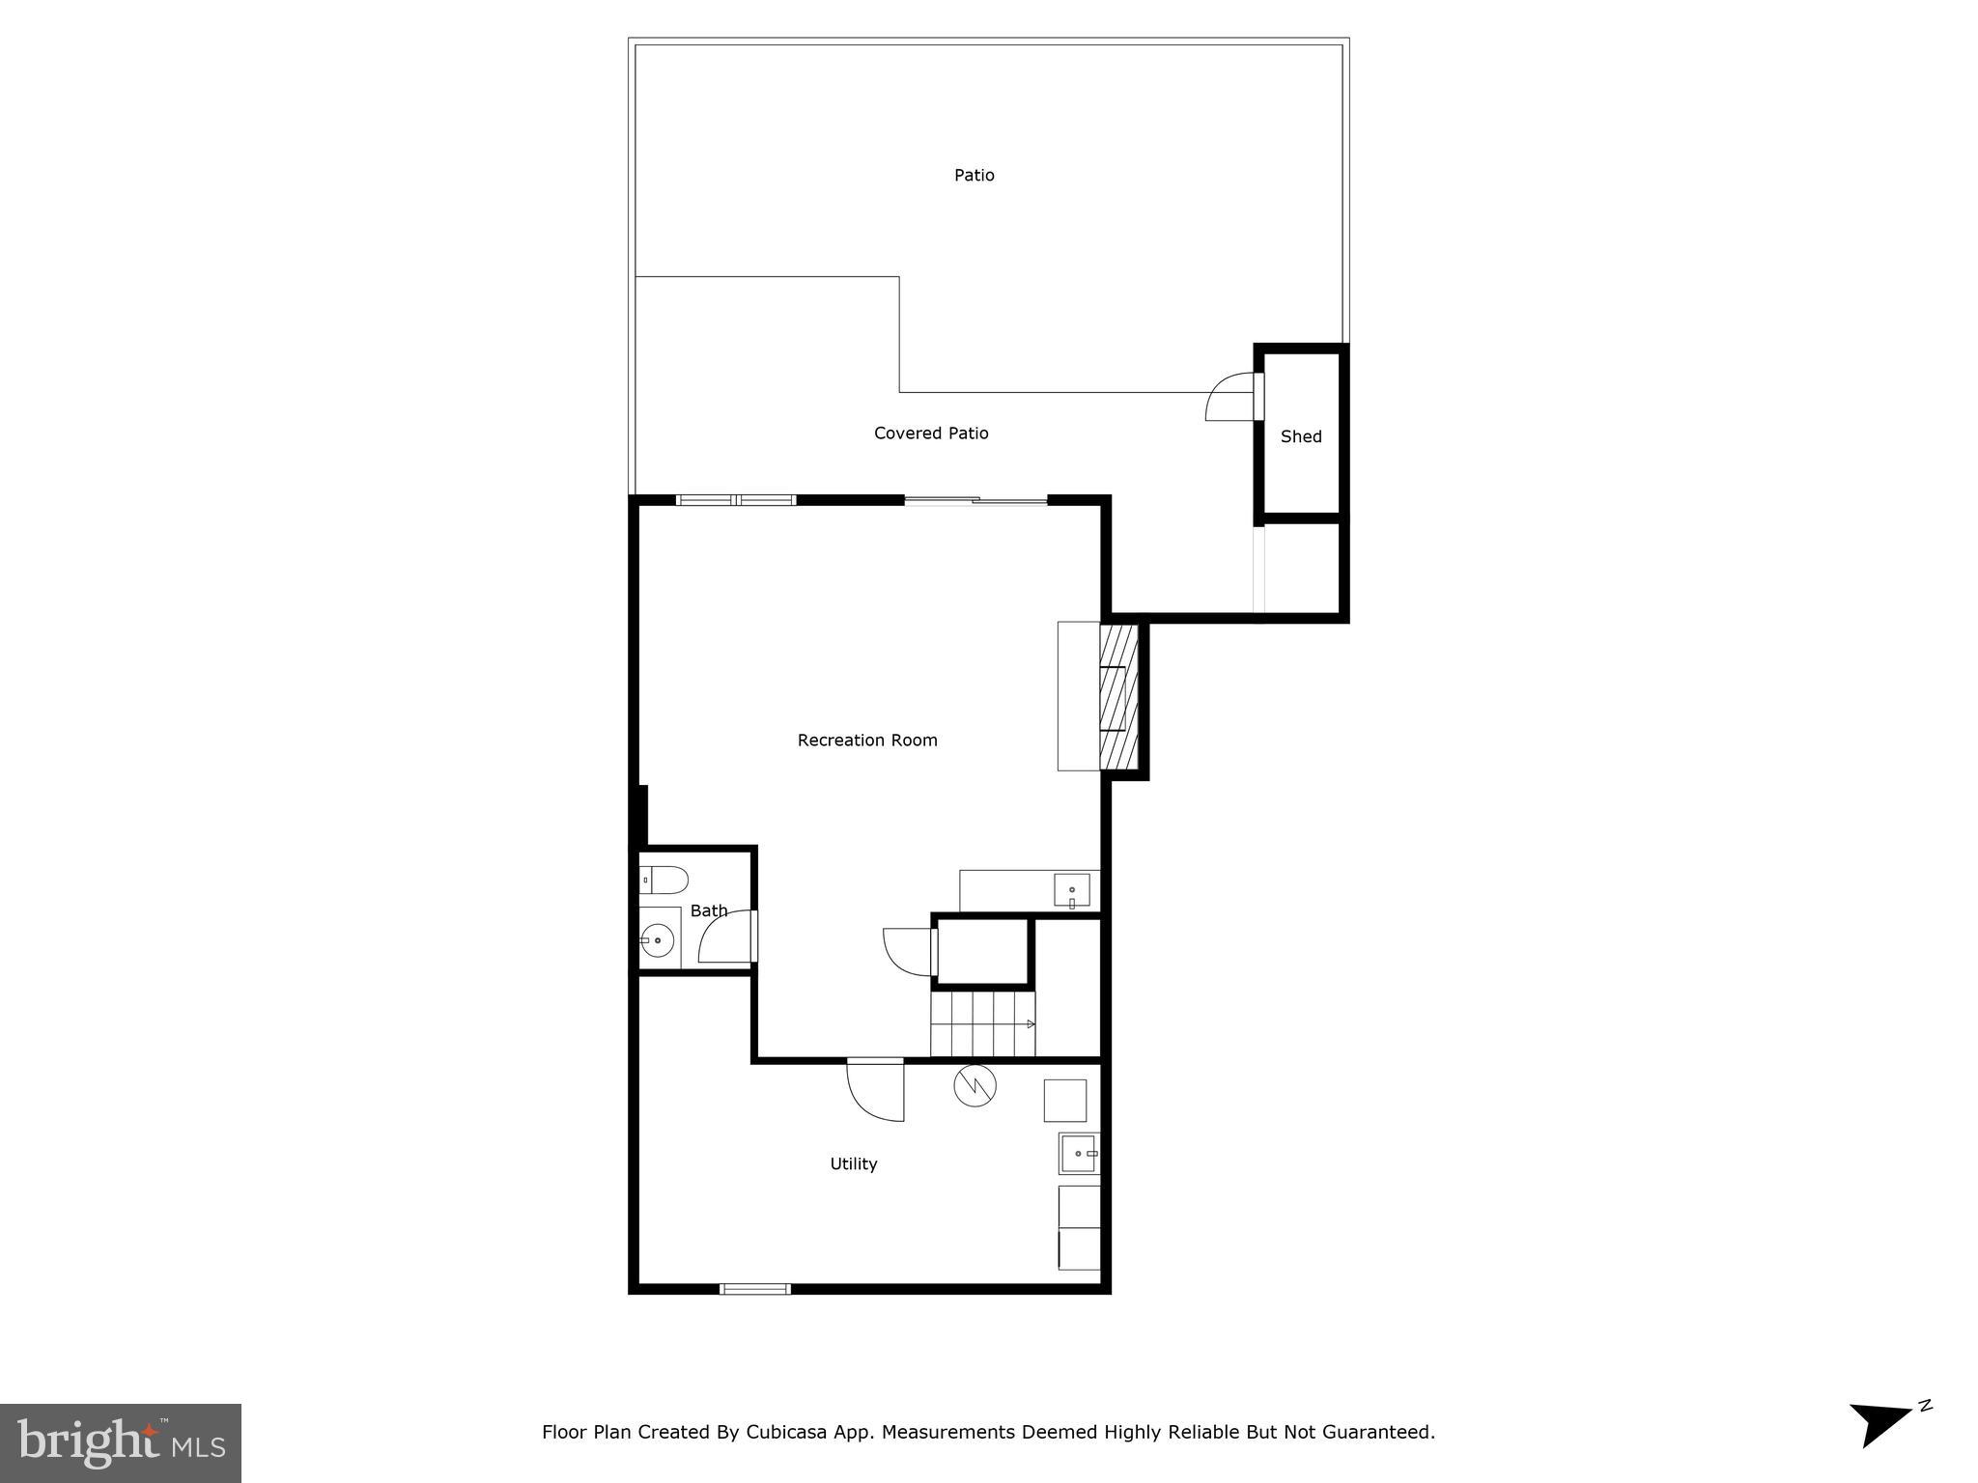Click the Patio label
coord(974,175)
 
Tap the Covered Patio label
coord(931,434)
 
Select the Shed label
coord(1300,436)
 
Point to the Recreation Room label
coord(866,741)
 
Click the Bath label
coord(709,910)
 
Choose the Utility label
coord(854,1164)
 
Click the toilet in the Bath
coord(664,880)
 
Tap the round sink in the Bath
coord(659,938)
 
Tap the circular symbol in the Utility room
coord(975,1086)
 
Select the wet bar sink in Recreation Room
coord(1072,890)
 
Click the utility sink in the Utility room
coord(1078,1153)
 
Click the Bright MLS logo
coord(120,1443)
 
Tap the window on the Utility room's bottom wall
coord(755,1289)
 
